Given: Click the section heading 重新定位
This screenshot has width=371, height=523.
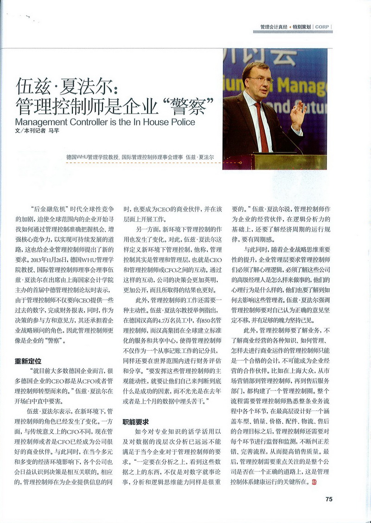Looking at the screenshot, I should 27,362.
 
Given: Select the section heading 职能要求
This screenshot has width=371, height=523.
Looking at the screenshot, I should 135,422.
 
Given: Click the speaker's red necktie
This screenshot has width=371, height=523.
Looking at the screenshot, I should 262,125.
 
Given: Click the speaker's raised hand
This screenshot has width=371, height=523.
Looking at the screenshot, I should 297,114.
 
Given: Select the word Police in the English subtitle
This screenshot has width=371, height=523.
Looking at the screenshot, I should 180,123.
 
